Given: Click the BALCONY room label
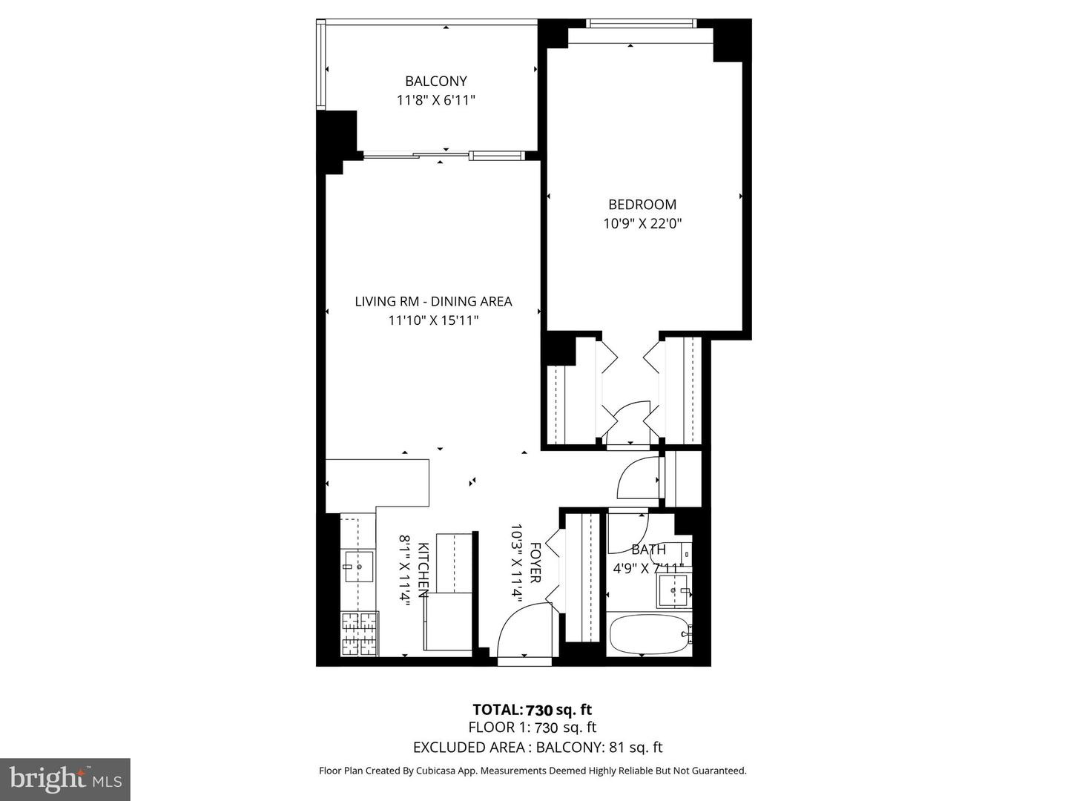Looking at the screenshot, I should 435,82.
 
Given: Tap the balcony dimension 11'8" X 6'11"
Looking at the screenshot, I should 435,100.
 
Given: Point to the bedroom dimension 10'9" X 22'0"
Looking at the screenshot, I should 642,223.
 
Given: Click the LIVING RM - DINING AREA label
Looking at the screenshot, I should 433,302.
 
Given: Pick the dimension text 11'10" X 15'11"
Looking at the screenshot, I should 433,320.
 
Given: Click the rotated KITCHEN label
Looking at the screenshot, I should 423,570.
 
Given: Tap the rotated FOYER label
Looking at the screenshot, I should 534,563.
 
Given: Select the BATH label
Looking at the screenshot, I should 648,550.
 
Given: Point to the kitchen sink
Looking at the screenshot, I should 359,567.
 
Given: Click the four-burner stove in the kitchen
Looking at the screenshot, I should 360,634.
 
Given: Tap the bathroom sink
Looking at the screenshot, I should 673,590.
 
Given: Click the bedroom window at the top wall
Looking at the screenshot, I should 642,24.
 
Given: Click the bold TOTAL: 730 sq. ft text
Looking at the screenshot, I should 533,710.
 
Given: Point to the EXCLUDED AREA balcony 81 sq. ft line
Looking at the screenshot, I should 538,748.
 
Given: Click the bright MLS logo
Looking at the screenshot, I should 65,778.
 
